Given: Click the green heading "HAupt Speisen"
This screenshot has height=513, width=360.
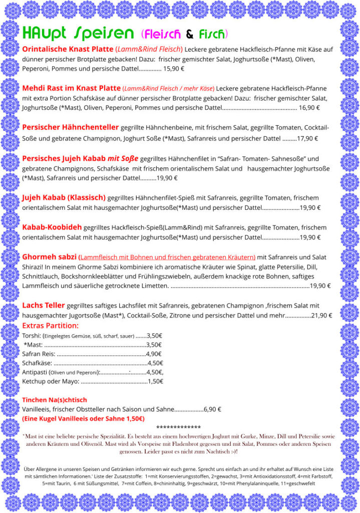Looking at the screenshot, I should (78, 34).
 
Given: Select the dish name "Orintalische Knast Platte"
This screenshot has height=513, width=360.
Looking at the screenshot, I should (68, 49).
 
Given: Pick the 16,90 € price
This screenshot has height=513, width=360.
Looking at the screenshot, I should (309, 108).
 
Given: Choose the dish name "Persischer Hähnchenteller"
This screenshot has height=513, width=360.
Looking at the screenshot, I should (71, 127).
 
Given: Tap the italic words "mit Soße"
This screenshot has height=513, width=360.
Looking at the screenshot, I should (123, 158).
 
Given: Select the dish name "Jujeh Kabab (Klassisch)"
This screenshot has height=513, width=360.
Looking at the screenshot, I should (64, 197).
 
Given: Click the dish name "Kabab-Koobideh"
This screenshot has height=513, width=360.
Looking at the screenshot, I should (52, 227).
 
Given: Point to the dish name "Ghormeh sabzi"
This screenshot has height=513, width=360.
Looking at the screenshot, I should (50, 256).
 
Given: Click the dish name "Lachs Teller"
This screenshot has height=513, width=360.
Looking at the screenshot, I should (44, 305).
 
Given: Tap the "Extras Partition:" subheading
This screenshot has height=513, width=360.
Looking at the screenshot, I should (54, 326).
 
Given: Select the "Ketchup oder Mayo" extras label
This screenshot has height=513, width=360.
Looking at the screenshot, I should (51, 381).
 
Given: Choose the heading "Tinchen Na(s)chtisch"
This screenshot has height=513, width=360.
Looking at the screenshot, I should (55, 400).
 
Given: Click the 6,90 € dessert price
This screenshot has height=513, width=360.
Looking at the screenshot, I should (212, 409).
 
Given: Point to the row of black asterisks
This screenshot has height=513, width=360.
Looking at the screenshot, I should (179, 427).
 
